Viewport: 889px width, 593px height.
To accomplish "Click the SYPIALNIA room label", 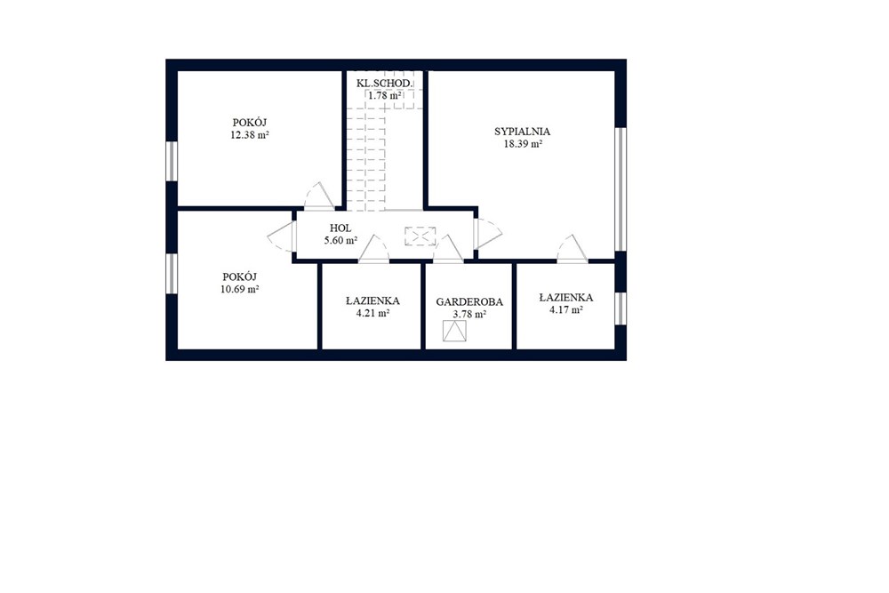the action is point(522,132).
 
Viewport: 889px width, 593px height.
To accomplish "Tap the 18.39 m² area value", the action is point(524,144).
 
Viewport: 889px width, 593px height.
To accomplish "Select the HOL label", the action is point(340,228).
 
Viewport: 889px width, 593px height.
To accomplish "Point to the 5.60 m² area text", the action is point(340,240).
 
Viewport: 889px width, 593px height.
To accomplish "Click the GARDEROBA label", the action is point(469,302).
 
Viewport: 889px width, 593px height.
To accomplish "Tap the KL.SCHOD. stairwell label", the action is point(385,84).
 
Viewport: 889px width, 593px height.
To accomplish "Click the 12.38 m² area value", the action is point(250,135).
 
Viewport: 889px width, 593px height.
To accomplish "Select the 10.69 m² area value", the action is point(240,289).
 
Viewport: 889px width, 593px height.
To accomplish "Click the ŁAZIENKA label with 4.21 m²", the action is point(372,301).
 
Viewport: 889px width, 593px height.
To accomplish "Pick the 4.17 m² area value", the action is point(566,310).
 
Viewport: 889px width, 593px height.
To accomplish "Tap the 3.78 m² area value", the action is point(469,314).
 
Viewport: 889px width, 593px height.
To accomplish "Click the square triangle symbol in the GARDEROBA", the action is point(454,331).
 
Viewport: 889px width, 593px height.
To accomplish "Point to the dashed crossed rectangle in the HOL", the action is point(420,236).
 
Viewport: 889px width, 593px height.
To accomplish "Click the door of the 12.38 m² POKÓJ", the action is point(320,196).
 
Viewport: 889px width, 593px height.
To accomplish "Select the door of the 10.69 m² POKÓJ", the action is point(282,236).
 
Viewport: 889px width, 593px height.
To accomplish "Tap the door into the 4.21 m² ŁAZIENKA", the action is point(373,249).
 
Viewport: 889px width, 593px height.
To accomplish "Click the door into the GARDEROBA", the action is point(448,249).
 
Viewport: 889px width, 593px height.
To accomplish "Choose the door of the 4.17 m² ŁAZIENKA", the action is point(573,249).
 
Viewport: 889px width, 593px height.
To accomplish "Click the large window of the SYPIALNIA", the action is point(621,188).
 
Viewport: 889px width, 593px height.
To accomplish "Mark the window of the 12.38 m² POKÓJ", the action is point(172,161).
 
